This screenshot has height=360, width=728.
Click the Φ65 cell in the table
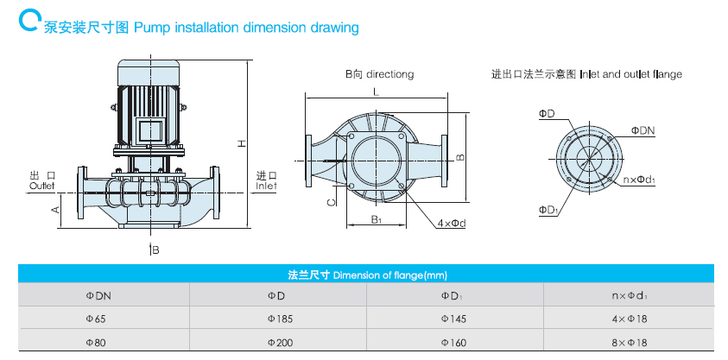[96, 319]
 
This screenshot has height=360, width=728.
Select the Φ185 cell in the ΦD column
[282, 319]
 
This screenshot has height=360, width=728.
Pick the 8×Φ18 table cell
[630, 341]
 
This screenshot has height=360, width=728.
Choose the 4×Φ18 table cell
[630, 319]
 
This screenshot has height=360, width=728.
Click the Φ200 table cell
[282, 341]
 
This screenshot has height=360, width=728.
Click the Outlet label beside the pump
[41, 186]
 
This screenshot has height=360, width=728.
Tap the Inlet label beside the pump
[266, 185]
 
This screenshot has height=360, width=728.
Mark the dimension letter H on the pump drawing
[243, 143]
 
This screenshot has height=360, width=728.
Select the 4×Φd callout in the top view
[451, 223]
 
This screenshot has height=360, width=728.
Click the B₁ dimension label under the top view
[377, 220]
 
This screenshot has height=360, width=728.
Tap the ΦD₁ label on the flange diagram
[547, 209]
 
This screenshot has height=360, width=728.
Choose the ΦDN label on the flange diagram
[643, 129]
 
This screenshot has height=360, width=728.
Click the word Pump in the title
[152, 28]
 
